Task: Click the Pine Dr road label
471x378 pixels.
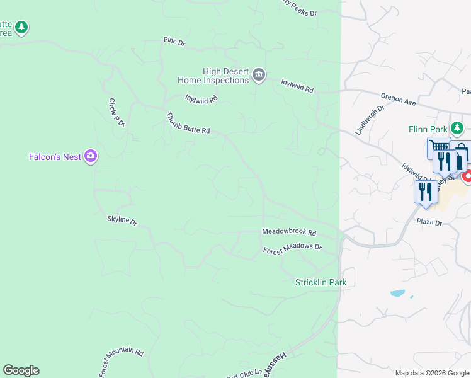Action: click(174, 42)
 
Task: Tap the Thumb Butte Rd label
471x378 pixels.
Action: click(187, 123)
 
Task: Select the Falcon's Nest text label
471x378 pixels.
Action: click(55, 157)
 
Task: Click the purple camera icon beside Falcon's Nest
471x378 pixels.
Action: click(91, 156)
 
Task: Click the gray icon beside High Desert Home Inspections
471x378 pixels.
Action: click(259, 76)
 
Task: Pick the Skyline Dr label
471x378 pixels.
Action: click(122, 221)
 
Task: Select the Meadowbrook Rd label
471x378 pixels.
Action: click(289, 232)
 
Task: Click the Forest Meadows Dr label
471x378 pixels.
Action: click(292, 249)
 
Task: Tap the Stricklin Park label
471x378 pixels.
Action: click(321, 282)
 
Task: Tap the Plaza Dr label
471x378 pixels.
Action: click(430, 222)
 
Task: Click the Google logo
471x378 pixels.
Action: click(21, 370)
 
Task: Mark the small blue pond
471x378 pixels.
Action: click(397, 293)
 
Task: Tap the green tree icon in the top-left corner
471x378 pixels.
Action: click(22, 27)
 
